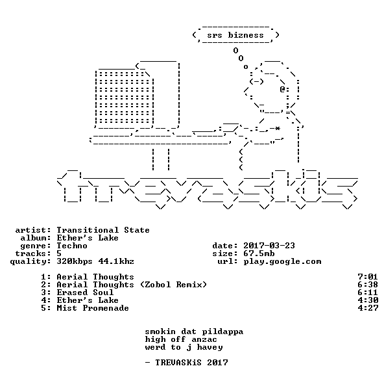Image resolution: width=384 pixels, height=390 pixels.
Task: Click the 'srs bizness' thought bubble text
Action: coord(235,35)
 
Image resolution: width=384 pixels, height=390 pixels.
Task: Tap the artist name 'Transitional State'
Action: coord(103,230)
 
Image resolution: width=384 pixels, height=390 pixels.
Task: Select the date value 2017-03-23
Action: coord(269,246)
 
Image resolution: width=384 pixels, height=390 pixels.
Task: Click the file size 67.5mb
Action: coord(259,253)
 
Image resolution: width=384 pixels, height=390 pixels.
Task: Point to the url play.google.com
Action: coord(282,262)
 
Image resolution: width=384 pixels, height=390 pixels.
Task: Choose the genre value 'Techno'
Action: coord(72,246)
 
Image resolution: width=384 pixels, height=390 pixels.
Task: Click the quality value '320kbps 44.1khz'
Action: coord(95,261)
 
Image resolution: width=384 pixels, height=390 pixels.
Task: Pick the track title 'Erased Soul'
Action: coord(85,292)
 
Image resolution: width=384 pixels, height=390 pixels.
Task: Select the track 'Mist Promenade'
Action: coord(93,308)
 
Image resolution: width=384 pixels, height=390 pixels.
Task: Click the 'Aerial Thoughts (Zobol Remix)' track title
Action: coord(132,285)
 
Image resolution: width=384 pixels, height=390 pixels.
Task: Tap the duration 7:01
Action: coord(368,277)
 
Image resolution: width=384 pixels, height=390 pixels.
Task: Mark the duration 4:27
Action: coord(368,308)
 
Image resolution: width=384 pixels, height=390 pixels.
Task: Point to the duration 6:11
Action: coord(368,292)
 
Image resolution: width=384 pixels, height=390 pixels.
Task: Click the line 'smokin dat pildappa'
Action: coord(194,331)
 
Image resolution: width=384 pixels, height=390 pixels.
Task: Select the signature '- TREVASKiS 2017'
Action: coord(186,363)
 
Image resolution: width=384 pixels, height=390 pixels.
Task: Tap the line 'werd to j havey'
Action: coord(184,348)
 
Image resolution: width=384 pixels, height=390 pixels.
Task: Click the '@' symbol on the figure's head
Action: coord(282,89)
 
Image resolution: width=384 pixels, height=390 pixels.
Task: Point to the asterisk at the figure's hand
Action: coord(278,128)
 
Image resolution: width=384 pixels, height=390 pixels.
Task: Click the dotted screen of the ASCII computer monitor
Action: coord(124,97)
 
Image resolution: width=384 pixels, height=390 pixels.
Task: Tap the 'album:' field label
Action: coord(36,238)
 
